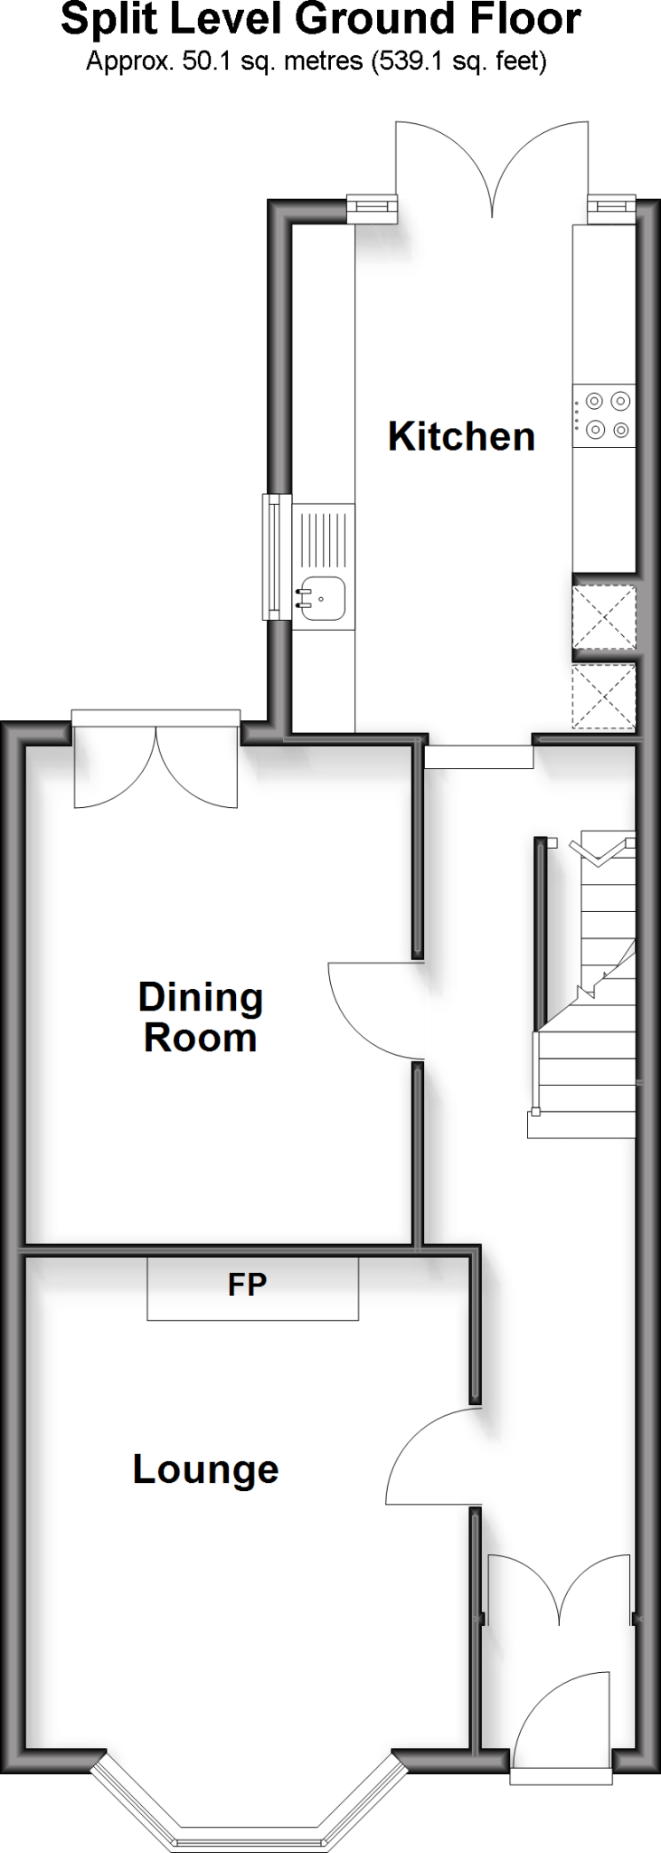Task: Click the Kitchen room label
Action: point(461,436)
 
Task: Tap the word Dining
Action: point(201,997)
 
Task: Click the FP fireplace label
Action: point(247,1285)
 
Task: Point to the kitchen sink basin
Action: point(323,598)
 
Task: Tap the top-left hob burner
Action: point(595,399)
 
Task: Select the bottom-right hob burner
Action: point(620,430)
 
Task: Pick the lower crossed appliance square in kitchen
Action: point(604,697)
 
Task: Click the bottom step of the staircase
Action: point(581,1124)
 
